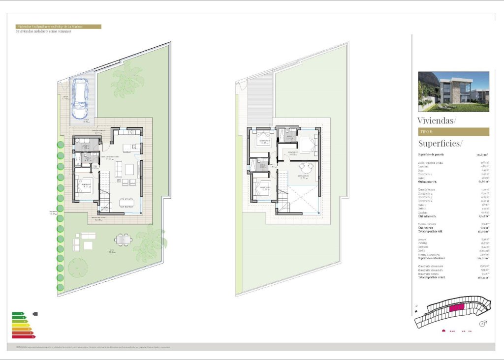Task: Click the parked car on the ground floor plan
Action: point(80,99)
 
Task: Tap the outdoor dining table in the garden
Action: point(123,240)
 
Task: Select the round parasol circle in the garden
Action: point(78,268)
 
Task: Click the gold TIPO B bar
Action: point(453,132)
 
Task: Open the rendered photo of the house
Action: point(453,92)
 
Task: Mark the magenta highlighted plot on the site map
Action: point(456,307)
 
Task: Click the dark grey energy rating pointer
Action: point(35,314)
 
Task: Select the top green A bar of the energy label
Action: point(18,314)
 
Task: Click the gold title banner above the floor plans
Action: point(58,27)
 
